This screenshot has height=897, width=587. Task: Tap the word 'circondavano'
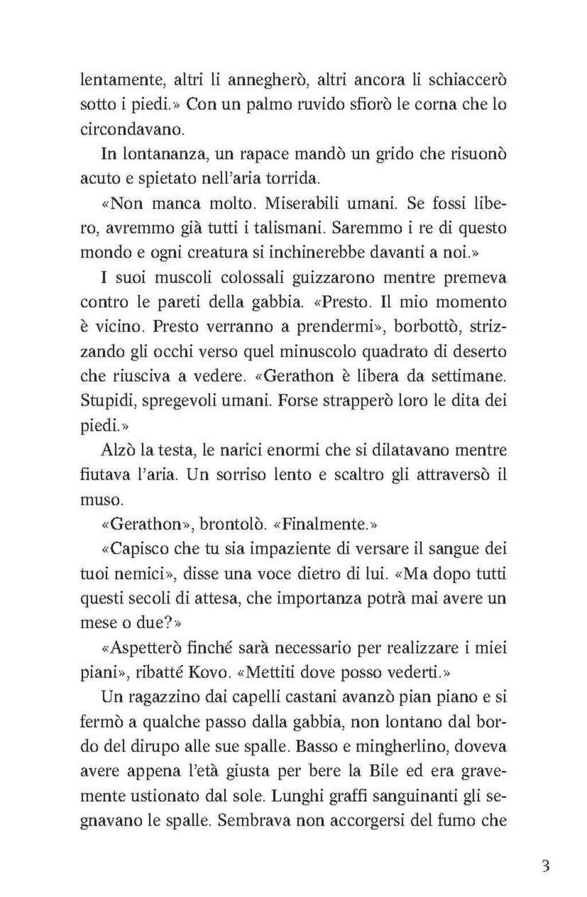123,129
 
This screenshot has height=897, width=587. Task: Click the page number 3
545,865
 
